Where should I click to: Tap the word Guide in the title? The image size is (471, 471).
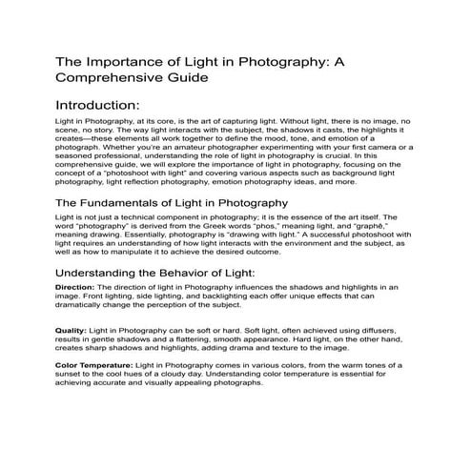pyautogui.click(x=180, y=77)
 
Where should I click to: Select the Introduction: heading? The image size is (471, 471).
pyautogui.click(x=98, y=104)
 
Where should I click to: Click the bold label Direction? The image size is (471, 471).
pyautogui.click(x=74, y=286)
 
